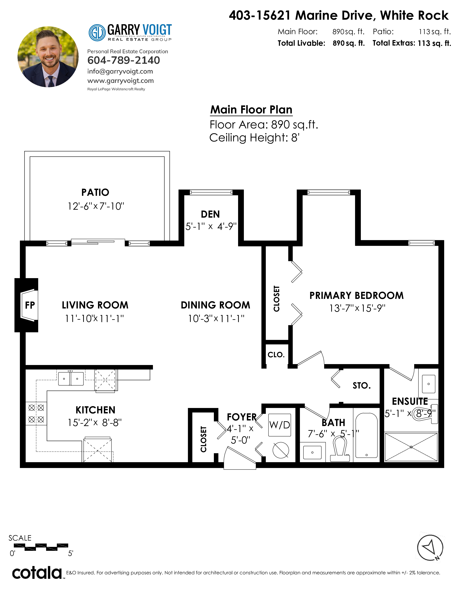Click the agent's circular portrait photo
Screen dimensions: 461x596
tap(48, 57)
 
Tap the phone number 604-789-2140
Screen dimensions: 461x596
tap(123, 60)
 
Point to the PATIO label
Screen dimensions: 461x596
tap(95, 192)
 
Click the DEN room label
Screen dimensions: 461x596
tap(210, 214)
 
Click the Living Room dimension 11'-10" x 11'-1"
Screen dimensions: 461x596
tap(95, 318)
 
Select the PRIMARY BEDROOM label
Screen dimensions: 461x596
tap(356, 295)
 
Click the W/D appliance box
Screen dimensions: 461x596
tap(280, 425)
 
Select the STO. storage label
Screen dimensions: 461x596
tap(362, 386)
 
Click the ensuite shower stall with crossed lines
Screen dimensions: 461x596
tap(411, 447)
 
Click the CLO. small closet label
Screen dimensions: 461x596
tap(276, 355)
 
